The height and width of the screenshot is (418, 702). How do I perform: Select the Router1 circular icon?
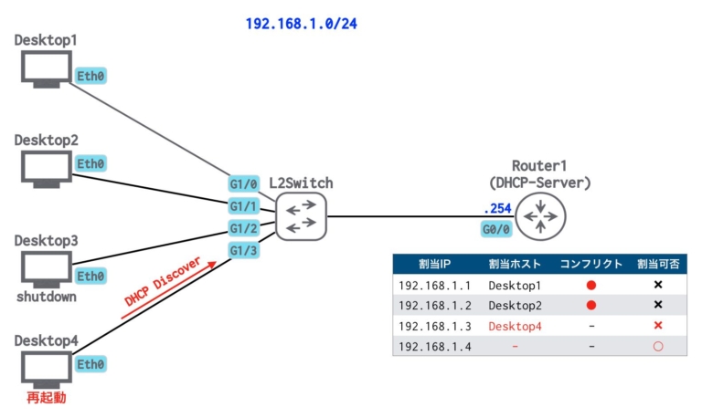point(540,217)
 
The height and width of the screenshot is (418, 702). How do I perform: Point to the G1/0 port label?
point(244,184)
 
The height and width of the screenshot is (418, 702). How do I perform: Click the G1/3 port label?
point(244,249)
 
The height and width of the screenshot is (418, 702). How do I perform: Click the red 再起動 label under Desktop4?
point(46,399)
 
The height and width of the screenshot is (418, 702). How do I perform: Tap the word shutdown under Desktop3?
point(46,298)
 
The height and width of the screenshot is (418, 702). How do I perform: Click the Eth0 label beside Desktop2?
point(90,163)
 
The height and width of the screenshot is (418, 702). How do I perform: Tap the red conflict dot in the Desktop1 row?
point(590,285)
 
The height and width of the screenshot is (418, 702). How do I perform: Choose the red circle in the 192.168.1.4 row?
point(657,347)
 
